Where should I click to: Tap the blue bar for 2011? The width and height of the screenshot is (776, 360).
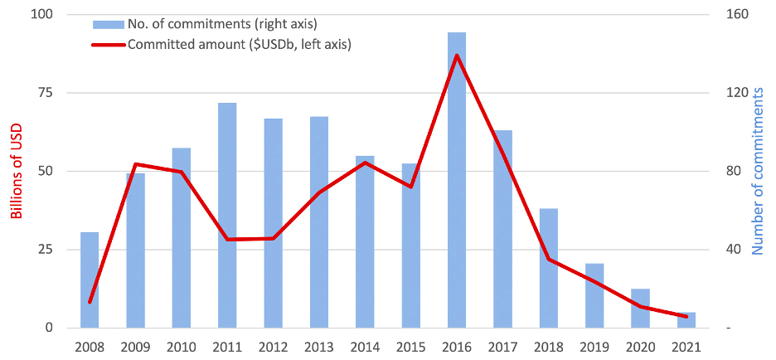tap(227, 215)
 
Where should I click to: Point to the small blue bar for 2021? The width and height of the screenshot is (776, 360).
tap(686, 320)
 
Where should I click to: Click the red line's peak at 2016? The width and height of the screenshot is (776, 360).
tap(457, 56)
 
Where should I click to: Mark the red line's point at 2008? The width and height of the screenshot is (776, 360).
tap(90, 302)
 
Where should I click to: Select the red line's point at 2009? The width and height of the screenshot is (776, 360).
tap(135, 164)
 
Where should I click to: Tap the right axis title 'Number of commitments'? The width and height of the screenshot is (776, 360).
tap(758, 172)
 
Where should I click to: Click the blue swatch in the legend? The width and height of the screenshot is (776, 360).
tap(107, 22)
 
